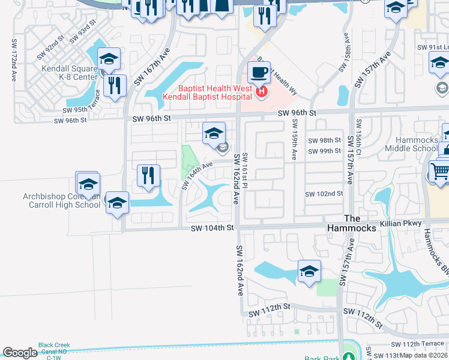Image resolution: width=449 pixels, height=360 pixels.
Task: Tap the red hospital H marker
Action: (262, 92)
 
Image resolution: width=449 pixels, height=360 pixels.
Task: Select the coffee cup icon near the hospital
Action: (259, 73)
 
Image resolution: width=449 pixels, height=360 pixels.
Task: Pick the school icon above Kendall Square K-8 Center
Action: (109, 59)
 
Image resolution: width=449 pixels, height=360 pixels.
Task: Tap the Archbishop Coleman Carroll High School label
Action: (61, 200)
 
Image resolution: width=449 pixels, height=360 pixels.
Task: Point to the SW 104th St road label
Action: (211, 229)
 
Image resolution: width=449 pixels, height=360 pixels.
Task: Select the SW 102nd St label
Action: (324, 194)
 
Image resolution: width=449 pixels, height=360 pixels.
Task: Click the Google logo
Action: (20, 353)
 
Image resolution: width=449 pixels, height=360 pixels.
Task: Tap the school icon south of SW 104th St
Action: (309, 271)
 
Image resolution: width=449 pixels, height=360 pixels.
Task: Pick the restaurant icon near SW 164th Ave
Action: (148, 175)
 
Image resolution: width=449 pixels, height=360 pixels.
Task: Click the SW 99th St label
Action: (324, 151)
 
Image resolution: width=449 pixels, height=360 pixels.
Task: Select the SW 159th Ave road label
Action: (294, 139)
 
